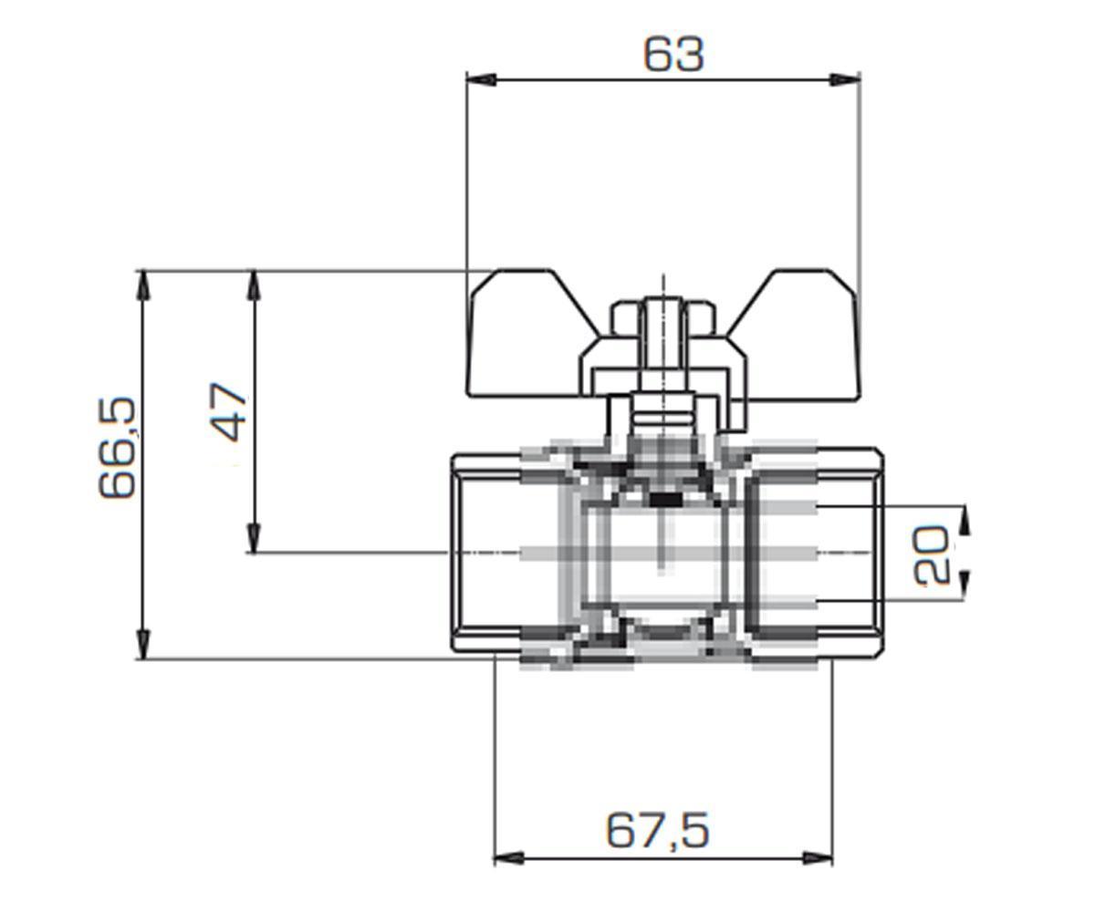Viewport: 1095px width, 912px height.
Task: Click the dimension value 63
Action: [674, 55]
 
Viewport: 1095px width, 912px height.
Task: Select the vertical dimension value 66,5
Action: [118, 448]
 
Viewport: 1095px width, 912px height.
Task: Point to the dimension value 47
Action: [229, 412]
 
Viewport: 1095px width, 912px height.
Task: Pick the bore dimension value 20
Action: [932, 554]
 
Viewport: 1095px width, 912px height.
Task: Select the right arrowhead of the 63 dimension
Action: [845, 79]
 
